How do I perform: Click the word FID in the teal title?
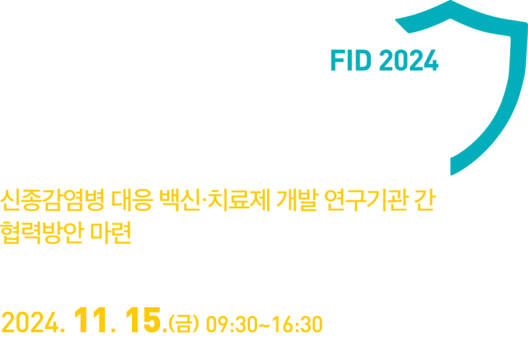pyautogui.click(x=351, y=61)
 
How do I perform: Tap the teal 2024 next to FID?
pyautogui.click(x=408, y=61)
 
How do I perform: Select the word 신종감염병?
pyautogui.click(x=52, y=201)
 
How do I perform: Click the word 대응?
pyautogui.click(x=132, y=201)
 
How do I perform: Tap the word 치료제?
pyautogui.click(x=239, y=201)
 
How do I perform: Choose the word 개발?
pyautogui.click(x=297, y=201)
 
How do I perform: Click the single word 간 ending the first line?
pyautogui.click(x=426, y=201)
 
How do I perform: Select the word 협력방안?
pyautogui.click(x=41, y=233)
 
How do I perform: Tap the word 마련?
pyautogui.click(x=111, y=233)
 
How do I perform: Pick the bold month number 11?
pyautogui.click(x=91, y=321)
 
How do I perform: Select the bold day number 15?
pyautogui.click(x=143, y=321)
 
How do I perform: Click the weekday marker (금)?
pyautogui.click(x=184, y=324)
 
